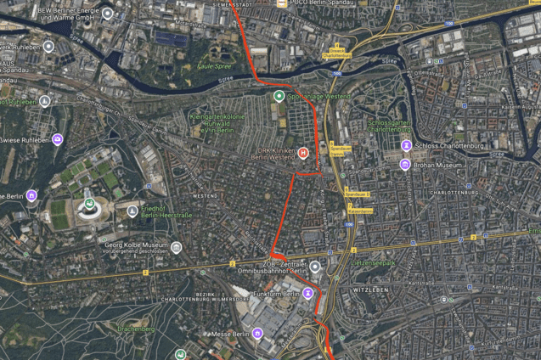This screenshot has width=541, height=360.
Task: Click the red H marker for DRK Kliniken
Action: tap(303, 153)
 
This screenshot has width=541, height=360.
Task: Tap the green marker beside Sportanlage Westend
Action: tap(278, 97)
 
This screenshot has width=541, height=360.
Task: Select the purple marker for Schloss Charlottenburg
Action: tap(406, 145)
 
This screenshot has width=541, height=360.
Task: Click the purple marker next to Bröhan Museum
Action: tap(405, 164)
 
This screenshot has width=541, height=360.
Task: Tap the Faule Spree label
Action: tap(213, 65)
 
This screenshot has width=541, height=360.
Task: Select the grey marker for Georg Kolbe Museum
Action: tap(176, 248)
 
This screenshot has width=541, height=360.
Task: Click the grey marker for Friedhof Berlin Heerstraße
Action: tap(132, 211)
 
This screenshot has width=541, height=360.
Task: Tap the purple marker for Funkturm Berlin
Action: tap(308, 294)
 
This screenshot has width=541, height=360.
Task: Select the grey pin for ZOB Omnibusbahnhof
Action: tap(315, 267)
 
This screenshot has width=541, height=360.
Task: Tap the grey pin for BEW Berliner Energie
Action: tap(107, 14)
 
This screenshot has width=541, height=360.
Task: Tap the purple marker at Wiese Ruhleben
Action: tap(57, 139)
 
